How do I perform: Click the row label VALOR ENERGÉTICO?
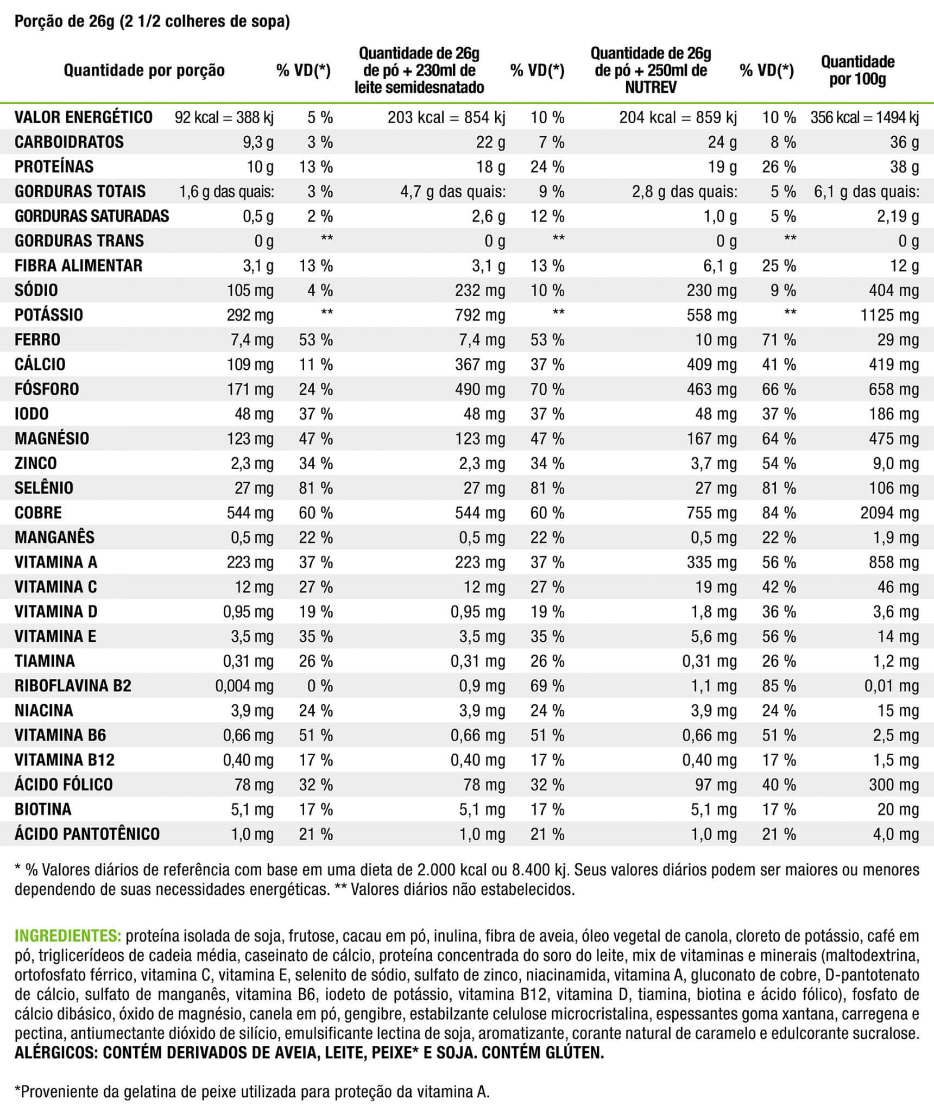[x=84, y=117]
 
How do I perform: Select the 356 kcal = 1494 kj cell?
[x=864, y=117]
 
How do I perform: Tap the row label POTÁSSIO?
[x=49, y=315]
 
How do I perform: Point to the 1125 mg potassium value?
[x=889, y=315]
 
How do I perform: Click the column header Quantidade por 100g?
[x=857, y=71]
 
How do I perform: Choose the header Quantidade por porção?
[x=144, y=71]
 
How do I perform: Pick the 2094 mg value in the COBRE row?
[x=889, y=513]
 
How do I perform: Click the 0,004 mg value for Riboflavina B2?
[x=244, y=686]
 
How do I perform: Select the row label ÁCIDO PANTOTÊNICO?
[x=87, y=834]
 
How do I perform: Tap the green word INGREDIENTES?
[x=68, y=936]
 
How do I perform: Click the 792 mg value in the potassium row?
[x=480, y=315]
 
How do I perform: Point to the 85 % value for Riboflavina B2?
[x=779, y=686]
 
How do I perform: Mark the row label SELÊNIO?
[x=44, y=488]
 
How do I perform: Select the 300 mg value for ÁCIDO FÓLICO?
[x=894, y=785]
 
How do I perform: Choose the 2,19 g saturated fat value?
[x=898, y=216]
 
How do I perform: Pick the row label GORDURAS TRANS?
[x=79, y=241]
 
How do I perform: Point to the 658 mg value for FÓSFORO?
[x=894, y=389]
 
